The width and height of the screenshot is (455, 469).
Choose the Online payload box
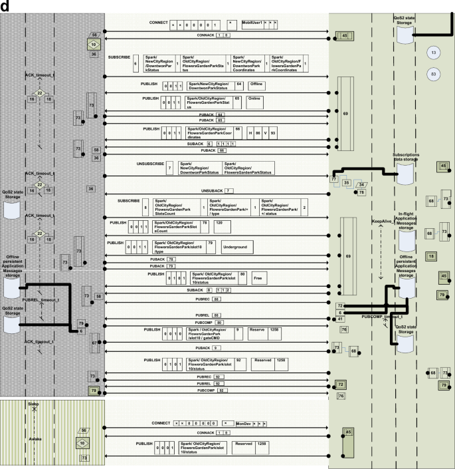tap(255, 98)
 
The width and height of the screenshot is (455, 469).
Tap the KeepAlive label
tap(382, 220)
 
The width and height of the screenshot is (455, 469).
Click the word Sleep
tap(33, 404)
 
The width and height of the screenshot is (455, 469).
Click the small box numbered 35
tap(346, 182)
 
